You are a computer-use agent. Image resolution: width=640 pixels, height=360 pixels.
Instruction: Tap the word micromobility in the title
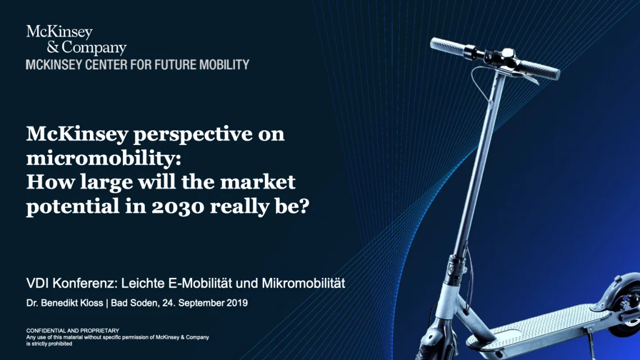coord(102,159)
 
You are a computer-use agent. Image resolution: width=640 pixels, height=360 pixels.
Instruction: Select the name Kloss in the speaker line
coord(90,303)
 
